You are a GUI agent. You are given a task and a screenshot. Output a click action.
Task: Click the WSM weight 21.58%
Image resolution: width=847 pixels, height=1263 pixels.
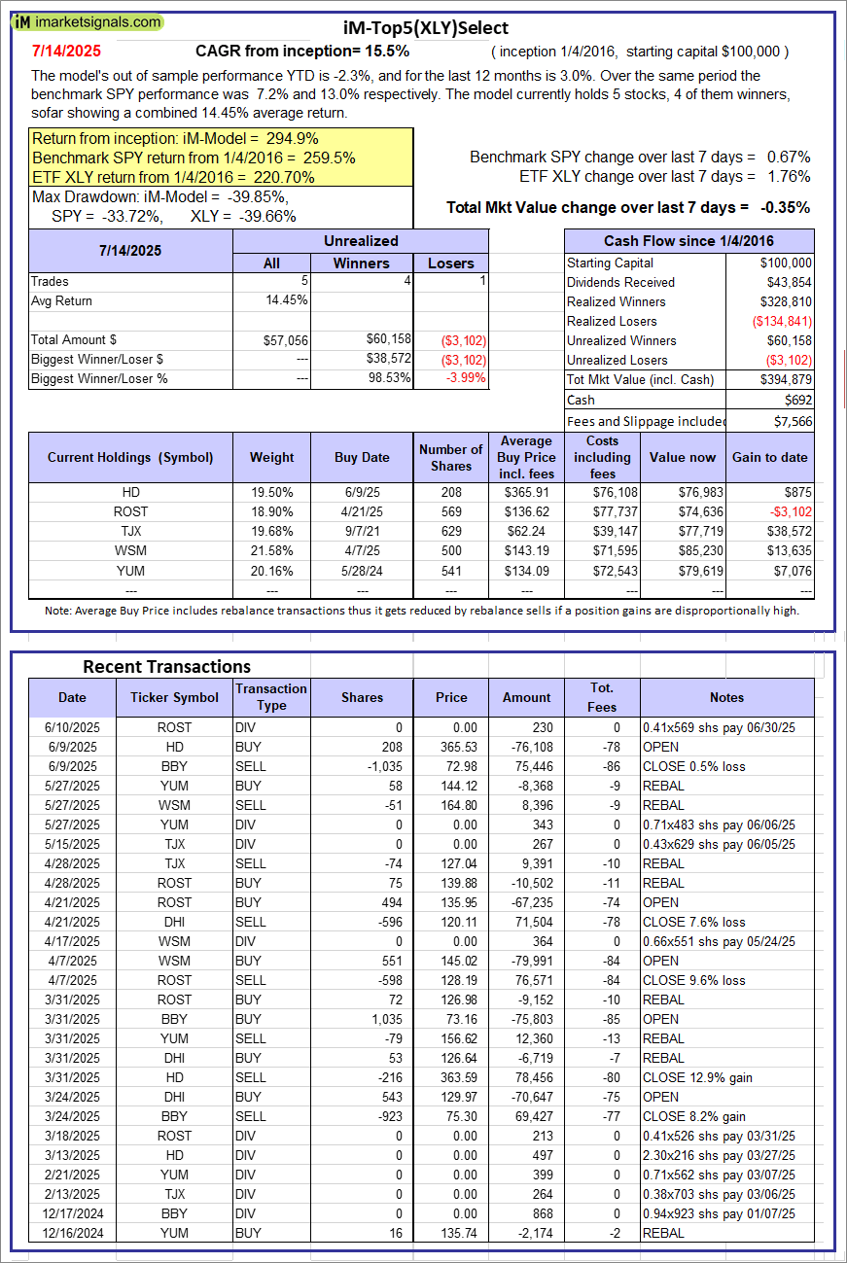coord(271,550)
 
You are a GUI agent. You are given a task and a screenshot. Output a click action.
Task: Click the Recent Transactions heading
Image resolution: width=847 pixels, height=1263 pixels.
coord(166,666)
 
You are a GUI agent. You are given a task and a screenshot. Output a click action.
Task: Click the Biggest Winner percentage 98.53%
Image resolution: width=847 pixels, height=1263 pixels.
coord(384,378)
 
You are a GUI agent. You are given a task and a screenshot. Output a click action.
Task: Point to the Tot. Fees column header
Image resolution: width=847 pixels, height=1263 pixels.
coord(602,697)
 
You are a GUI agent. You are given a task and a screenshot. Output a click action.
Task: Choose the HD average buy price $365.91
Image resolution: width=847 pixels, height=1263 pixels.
coord(527,492)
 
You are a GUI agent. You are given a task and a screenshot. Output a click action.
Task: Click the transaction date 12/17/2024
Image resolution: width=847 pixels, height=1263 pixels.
coord(72,1213)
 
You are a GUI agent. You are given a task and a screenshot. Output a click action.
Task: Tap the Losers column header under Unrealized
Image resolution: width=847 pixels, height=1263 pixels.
coord(451,263)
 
